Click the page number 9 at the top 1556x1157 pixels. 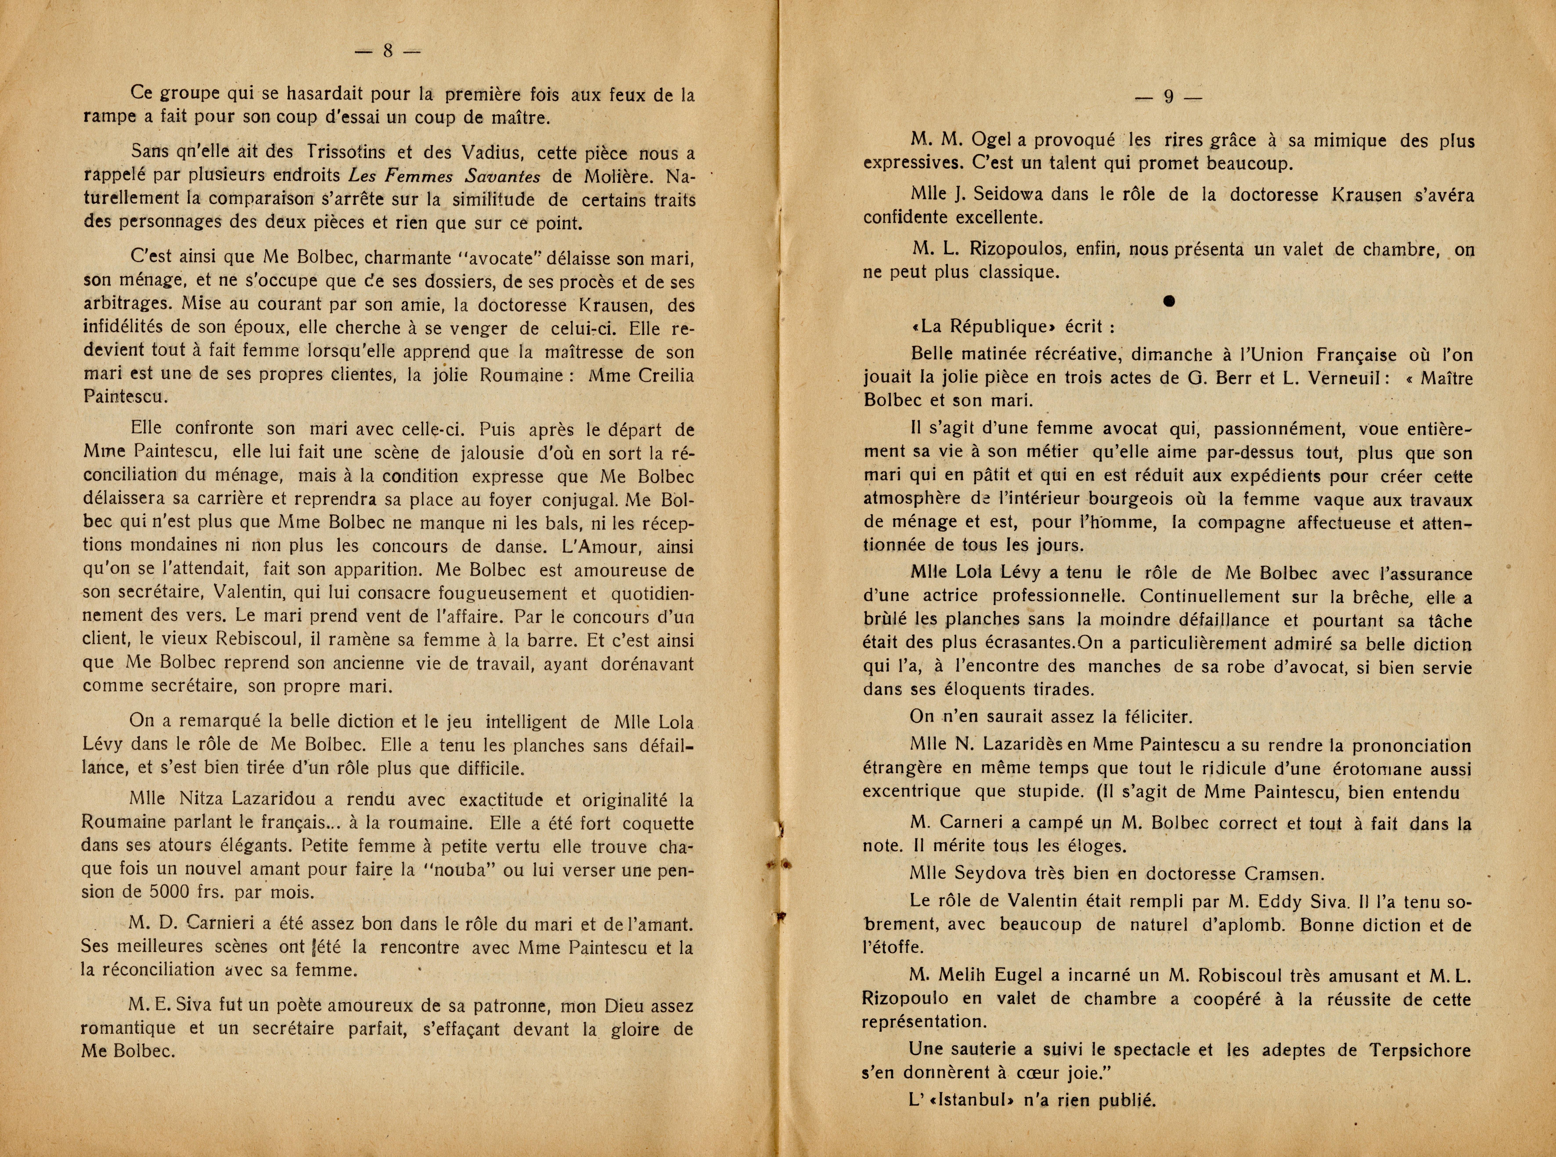1168,97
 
